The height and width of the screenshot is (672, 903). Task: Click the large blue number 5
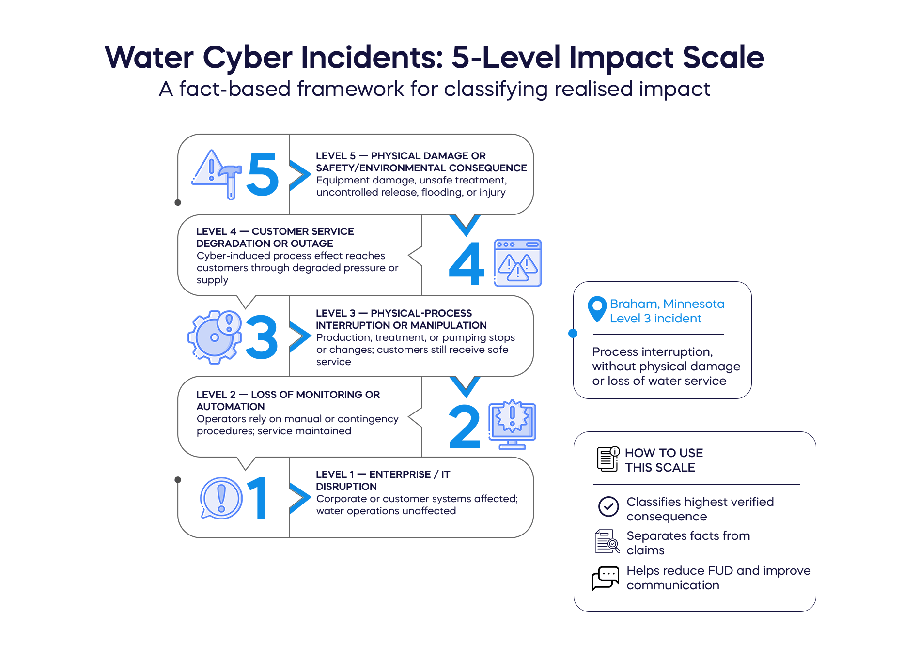pyautogui.click(x=263, y=174)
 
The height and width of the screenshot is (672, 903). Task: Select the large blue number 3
pyautogui.click(x=262, y=337)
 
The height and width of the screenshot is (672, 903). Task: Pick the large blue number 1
pyautogui.click(x=259, y=498)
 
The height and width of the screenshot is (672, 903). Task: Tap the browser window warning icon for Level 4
pyautogui.click(x=517, y=263)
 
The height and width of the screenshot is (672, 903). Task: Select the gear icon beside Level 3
pyautogui.click(x=215, y=337)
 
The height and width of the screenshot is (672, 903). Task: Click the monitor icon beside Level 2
pyautogui.click(x=512, y=425)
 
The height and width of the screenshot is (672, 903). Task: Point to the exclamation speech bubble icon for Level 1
pyautogui.click(x=221, y=498)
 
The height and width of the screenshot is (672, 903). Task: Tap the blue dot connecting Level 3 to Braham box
pyautogui.click(x=573, y=333)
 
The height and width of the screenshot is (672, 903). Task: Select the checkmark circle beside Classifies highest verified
pyautogui.click(x=608, y=506)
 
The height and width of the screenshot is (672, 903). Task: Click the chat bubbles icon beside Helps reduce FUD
pyautogui.click(x=606, y=578)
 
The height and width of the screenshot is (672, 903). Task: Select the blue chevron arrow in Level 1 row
pyautogui.click(x=300, y=498)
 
